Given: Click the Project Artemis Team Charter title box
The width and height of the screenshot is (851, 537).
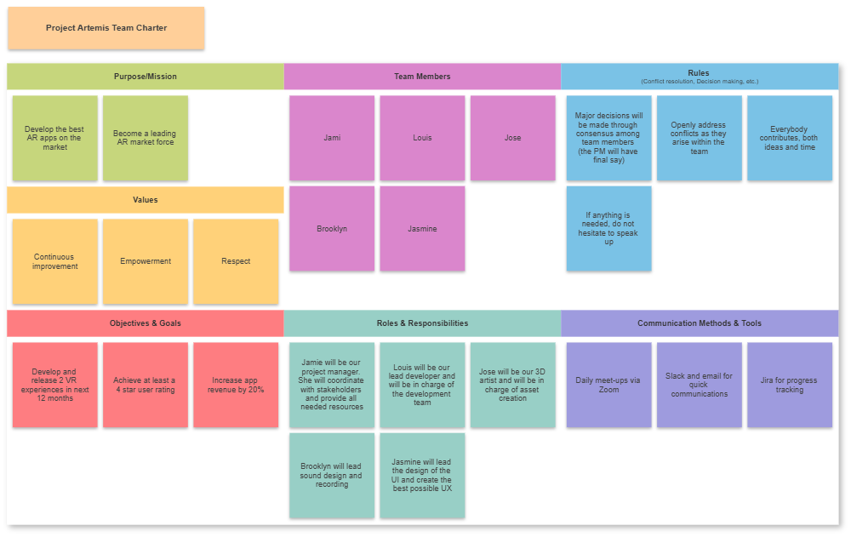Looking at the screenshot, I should pos(106,28).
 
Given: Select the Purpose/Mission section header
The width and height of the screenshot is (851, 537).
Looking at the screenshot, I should pos(146,77).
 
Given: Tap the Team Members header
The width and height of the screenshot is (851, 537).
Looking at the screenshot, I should pos(422,77).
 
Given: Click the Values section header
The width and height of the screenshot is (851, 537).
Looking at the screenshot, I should pos(146,200).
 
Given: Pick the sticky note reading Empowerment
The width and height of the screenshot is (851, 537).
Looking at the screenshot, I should pos(146,261).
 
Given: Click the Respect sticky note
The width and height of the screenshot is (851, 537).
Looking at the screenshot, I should pos(236,261).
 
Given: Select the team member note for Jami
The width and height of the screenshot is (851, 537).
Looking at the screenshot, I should pos(332,138).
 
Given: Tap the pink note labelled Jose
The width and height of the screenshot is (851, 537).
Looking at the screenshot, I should pos(512,138).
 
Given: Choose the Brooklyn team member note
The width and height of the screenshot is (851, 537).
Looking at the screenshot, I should pos(332,229).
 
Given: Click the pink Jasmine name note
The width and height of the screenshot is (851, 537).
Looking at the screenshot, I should pos(422,229).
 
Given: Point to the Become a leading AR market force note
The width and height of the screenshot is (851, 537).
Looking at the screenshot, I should pos(146,138).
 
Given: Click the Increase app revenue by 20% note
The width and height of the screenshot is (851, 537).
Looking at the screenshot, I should pos(236,385).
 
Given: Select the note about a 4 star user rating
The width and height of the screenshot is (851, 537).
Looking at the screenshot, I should pos(146,385).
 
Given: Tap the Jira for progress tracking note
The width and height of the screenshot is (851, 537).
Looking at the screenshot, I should pos(790,385).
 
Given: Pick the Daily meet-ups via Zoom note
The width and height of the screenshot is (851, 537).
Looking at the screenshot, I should pos(608,385).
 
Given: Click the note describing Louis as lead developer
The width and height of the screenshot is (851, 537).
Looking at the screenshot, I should pos(422,385).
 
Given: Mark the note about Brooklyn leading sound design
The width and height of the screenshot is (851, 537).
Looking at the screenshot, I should pos(332,476).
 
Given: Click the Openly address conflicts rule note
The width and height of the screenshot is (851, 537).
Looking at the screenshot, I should pos(700,138).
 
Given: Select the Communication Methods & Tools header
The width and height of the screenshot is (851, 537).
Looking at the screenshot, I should pos(700,323).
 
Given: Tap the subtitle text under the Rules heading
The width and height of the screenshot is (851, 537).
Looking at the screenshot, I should pos(700,82).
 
